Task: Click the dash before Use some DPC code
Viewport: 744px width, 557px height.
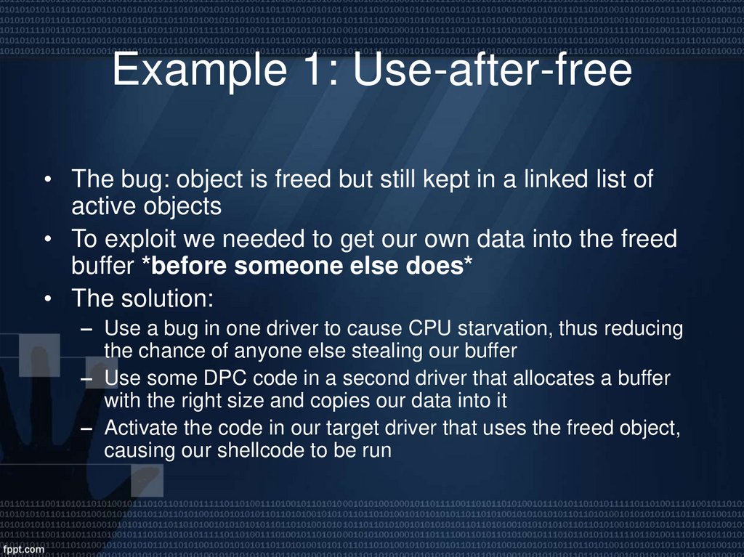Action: [x=87, y=379]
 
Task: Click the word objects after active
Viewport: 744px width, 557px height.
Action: [x=180, y=206]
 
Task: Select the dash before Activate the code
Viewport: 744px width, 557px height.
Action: [x=87, y=429]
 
